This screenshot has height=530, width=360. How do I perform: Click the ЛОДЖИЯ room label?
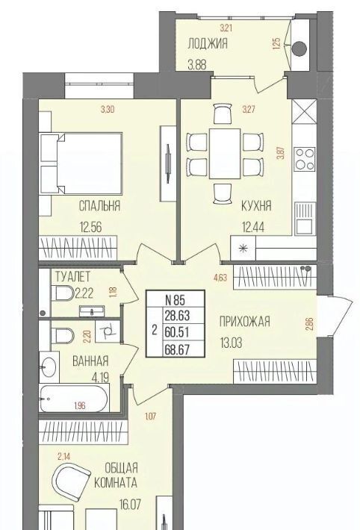pos(208,43)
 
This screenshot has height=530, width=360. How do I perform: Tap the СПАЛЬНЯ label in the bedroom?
pos(99,205)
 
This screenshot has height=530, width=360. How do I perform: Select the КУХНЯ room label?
pos(256,205)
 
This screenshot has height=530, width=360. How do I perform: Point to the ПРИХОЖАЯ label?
pos(245,322)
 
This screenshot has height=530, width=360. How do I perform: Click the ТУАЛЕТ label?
pos(72,277)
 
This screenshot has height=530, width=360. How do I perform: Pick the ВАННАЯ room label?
pos(90,361)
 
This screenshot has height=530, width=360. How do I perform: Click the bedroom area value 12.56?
pos(90,227)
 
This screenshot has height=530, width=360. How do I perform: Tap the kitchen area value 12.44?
pos(252,227)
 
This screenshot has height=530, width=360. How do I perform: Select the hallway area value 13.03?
pos(232,343)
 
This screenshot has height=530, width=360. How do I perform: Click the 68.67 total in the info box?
pos(177,349)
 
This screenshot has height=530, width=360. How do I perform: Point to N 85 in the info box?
pos(176,299)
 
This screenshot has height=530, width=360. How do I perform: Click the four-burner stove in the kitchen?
pos(305,159)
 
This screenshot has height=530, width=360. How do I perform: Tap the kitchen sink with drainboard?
pos(305,219)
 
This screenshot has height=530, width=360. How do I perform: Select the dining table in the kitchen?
pos(225,153)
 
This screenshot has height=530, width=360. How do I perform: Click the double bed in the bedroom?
pos(81,163)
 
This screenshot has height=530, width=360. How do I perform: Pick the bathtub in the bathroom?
pos(74,398)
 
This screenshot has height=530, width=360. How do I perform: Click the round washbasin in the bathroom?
pos(48,365)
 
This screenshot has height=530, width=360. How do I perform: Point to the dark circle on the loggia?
pos(299,49)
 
